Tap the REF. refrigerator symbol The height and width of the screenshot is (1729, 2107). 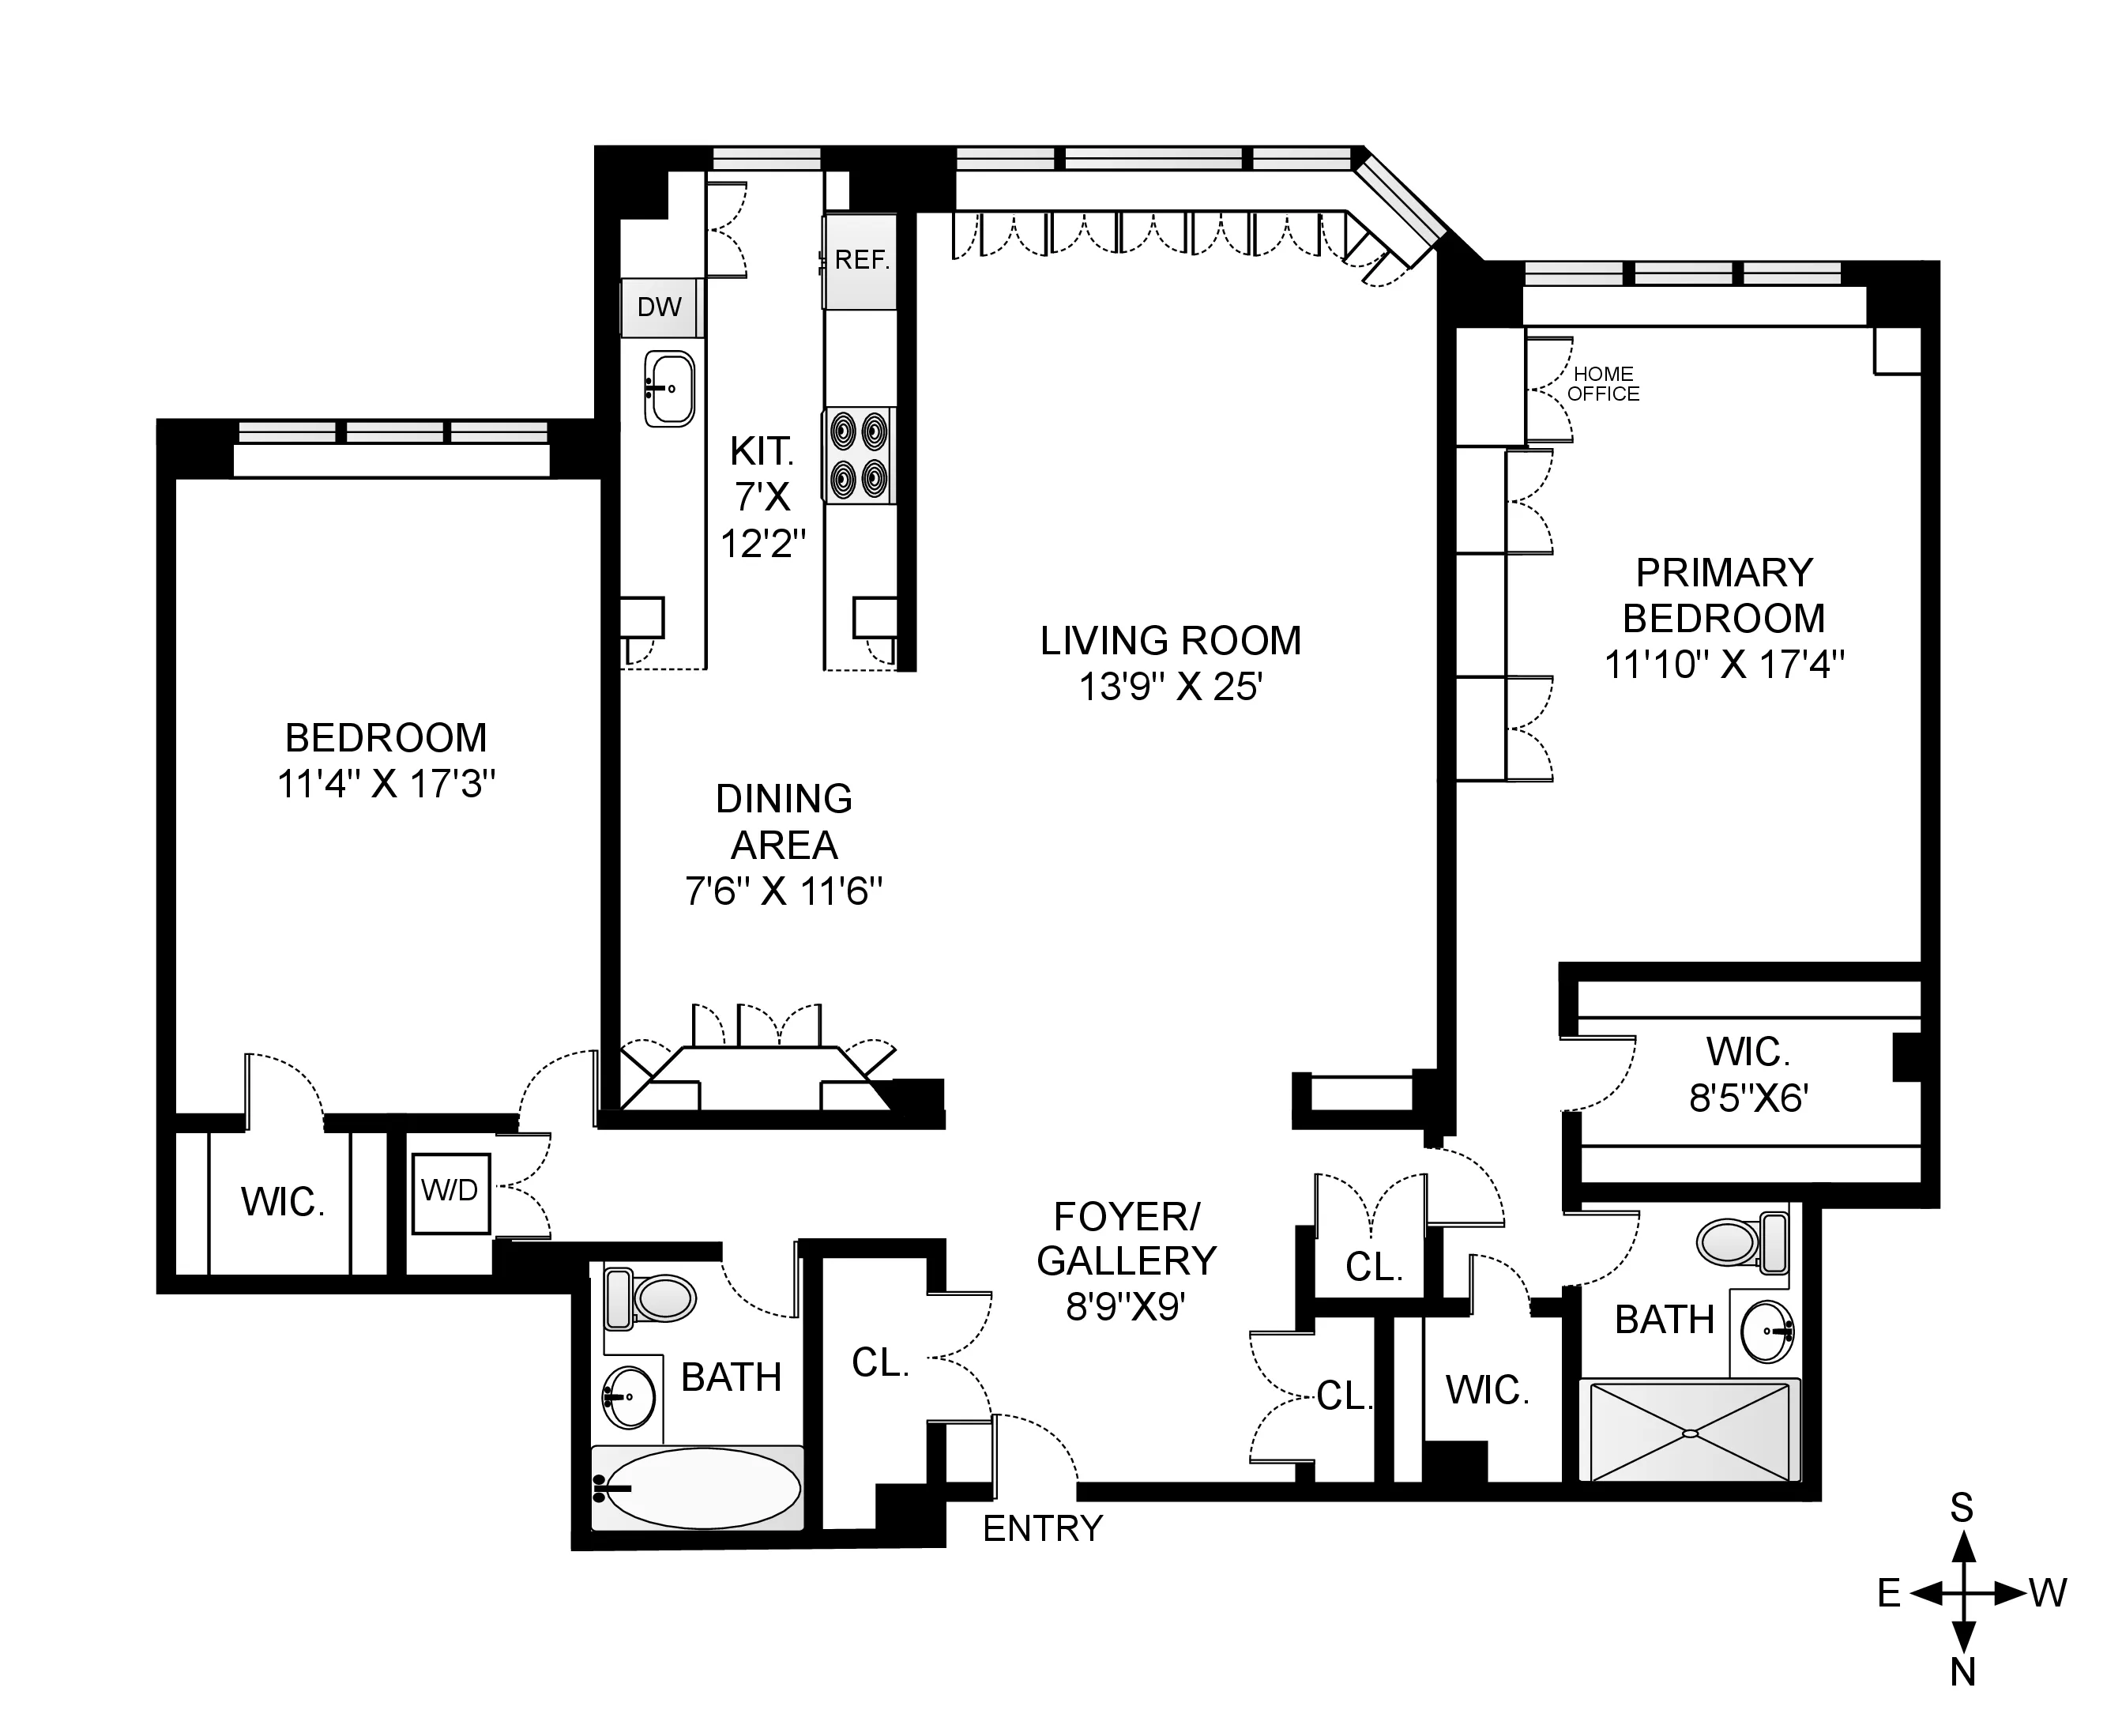coord(860,261)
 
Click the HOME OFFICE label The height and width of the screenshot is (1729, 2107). coord(1602,383)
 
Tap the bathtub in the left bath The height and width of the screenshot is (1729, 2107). coord(697,1488)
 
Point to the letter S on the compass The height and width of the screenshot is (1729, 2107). coord(1961,1509)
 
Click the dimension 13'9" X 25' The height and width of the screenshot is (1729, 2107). coord(1170,687)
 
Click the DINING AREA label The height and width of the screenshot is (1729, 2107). coord(784,822)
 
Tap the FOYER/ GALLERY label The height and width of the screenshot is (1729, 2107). coord(1127,1239)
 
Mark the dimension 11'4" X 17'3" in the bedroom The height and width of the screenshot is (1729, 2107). coord(386,785)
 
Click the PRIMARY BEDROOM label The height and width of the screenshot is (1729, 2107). coord(1724,596)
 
